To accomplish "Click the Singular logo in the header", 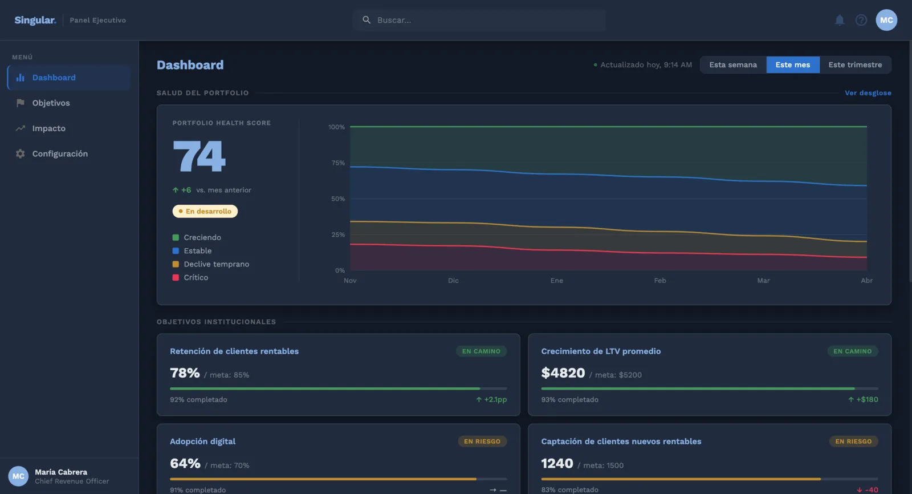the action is point(35,20).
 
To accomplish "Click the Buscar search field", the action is point(479,20).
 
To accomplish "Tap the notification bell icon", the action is point(840,20).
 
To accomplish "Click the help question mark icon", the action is point(861,20).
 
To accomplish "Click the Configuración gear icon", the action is point(21,153).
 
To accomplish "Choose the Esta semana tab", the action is point(733,65).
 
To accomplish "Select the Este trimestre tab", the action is point(855,65).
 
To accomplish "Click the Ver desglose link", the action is point(868,93).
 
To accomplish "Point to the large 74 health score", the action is point(199,156).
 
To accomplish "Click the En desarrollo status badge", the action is point(205,211).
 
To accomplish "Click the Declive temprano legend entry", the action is point(211,264).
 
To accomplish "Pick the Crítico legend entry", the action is point(190,278).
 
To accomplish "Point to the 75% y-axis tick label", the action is point(338,163).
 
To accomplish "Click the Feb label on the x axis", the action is point(660,281).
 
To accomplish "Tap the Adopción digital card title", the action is point(202,442).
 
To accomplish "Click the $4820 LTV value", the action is point(563,373).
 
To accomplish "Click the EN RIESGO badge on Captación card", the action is point(853,442).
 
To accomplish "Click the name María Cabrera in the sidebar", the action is point(61,472).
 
